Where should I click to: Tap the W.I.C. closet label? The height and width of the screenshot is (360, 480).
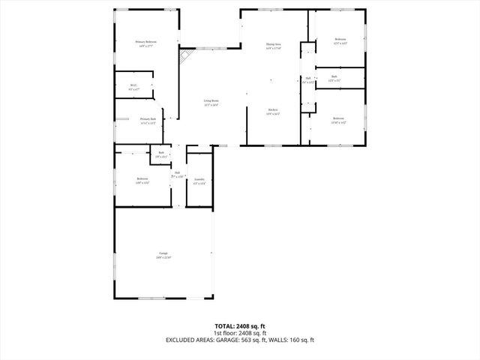[x=133, y=85]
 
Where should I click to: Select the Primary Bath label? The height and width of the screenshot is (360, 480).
[x=148, y=118]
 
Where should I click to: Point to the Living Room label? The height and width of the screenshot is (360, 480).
[x=211, y=100]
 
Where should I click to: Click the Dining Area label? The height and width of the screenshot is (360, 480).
[x=273, y=45]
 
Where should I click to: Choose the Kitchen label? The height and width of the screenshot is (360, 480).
[x=273, y=111]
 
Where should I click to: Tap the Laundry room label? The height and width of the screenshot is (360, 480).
[x=199, y=180]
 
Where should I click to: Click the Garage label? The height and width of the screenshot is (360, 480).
[x=163, y=253]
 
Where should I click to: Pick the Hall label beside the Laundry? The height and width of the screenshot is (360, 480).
[x=178, y=172]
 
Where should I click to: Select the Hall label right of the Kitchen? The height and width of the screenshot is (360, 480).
[x=307, y=78]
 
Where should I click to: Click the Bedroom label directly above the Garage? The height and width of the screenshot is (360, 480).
[x=142, y=178]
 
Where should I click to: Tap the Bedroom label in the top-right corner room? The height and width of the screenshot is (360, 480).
[x=340, y=39]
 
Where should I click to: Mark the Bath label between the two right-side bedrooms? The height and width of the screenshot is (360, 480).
[x=334, y=76]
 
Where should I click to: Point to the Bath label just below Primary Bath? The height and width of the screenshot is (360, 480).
[x=161, y=153]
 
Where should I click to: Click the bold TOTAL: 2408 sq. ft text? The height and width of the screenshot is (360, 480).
[x=239, y=326]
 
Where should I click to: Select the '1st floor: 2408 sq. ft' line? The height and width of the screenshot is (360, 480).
[x=239, y=333]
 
